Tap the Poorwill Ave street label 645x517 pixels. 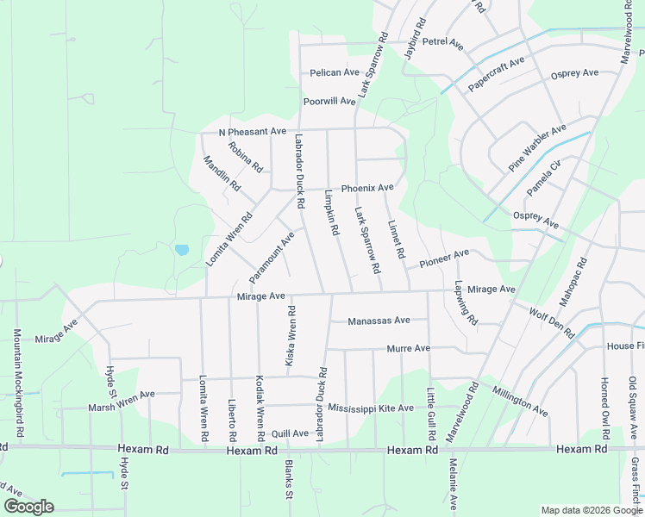[329, 102]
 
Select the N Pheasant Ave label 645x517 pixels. [252, 132]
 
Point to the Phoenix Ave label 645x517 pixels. [367, 188]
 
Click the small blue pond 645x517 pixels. [181, 250]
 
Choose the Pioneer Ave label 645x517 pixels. [444, 257]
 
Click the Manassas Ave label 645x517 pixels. [379, 321]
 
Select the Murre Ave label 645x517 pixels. [409, 349]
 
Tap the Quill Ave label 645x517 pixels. [289, 433]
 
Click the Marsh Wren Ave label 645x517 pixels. [122, 401]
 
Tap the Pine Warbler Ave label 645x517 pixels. [537, 146]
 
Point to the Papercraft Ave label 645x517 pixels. [497, 75]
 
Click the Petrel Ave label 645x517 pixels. [443, 43]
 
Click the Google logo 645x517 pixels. [28, 507]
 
